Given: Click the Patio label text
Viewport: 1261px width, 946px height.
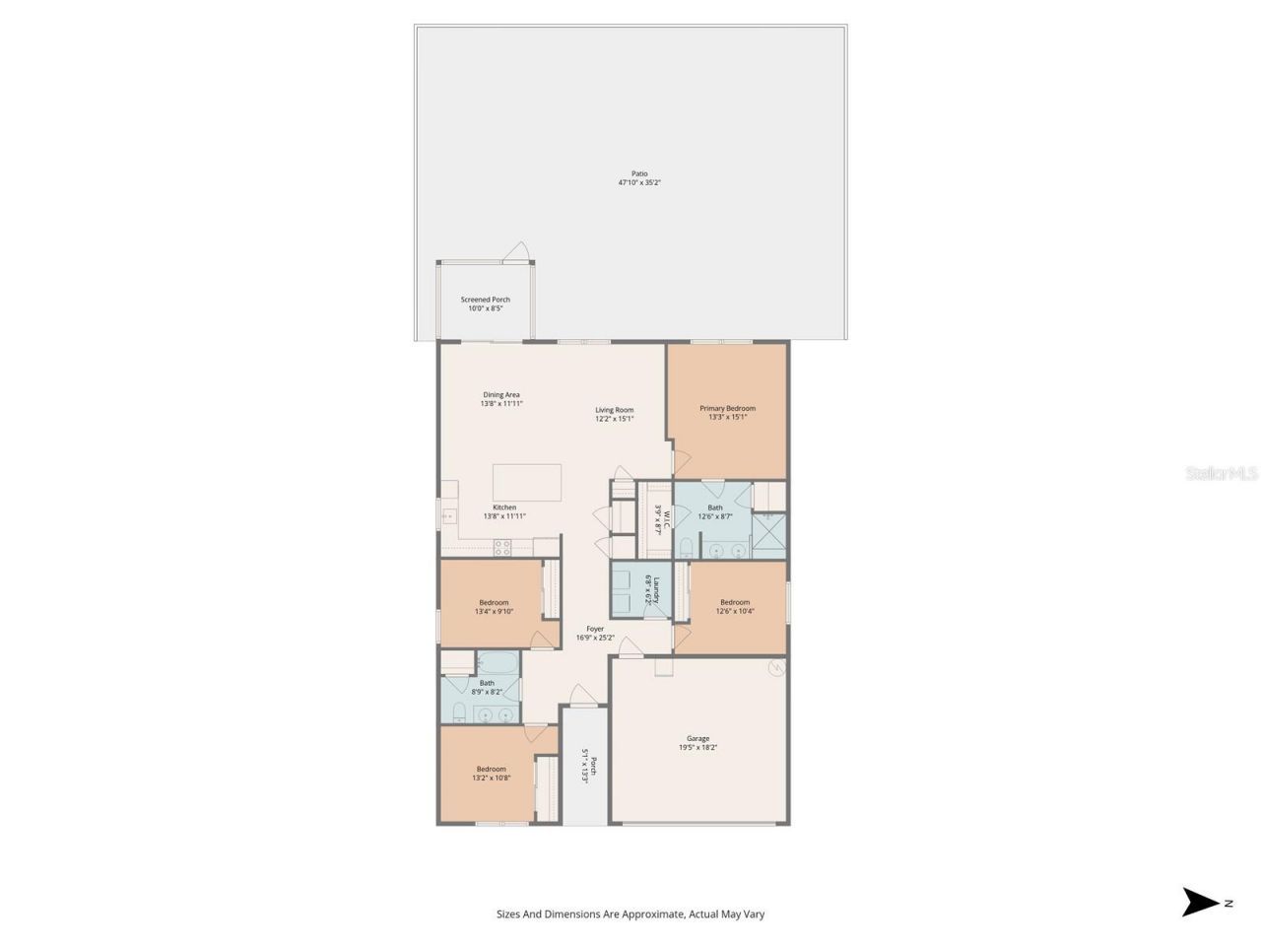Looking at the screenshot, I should coord(639,174).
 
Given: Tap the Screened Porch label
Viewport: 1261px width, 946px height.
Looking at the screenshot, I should coord(485,300).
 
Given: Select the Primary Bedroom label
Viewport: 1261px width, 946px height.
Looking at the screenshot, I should coord(727,408).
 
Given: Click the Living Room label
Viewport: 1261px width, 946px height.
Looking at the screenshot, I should coord(614,410).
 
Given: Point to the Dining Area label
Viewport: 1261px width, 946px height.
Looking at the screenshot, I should coord(500,395).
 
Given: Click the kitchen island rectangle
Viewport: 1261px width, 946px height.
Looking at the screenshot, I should coord(526,483).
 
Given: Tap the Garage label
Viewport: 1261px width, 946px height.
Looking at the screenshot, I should coord(697,738).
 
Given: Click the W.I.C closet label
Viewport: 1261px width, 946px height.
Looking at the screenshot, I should coord(665,518).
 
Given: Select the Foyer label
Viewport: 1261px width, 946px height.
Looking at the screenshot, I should coord(595,629).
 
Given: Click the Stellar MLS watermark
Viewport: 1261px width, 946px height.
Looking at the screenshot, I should coord(1221,474).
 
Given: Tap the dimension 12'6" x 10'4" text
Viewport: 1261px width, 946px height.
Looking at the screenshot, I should coord(734,611).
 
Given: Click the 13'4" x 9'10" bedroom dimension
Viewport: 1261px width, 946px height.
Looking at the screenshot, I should coord(494,611).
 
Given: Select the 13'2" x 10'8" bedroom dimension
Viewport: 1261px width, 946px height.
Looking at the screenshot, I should coord(491,777).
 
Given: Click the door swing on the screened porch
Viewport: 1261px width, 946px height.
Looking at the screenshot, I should coord(516,253).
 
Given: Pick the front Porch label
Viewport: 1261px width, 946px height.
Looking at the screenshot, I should coord(588,765).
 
